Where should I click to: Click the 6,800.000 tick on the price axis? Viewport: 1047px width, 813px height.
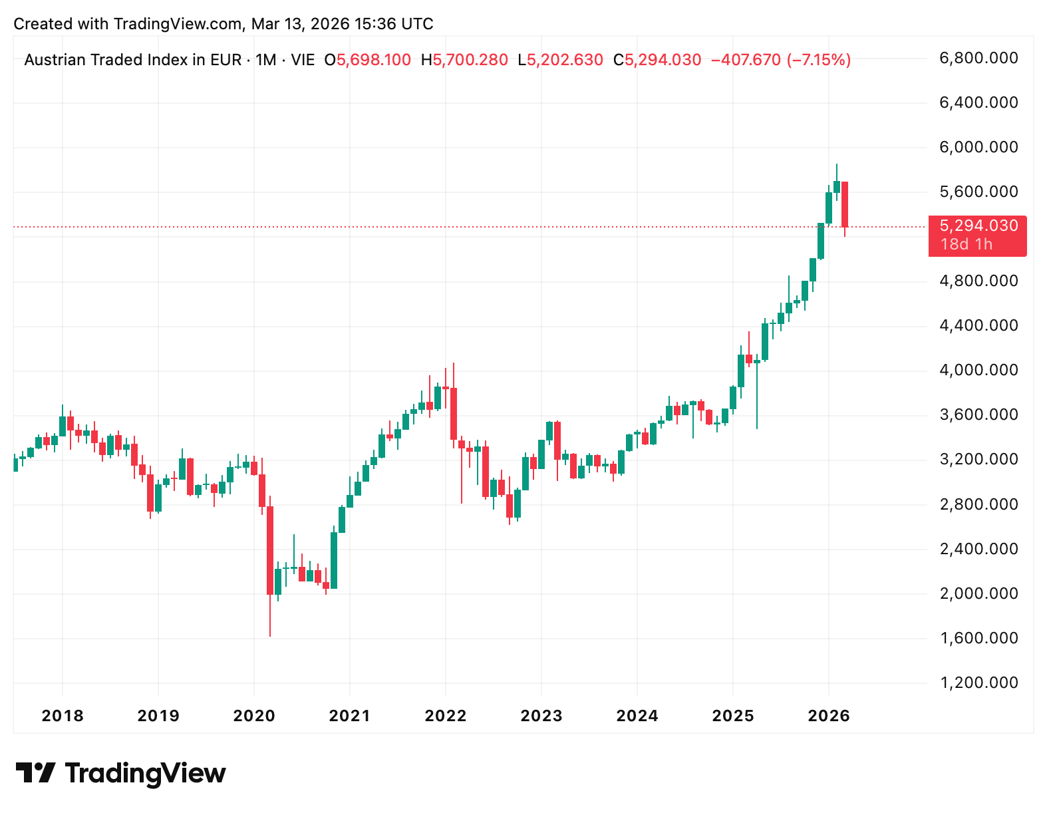click(978, 58)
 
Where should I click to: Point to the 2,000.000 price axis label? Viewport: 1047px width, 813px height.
click(978, 593)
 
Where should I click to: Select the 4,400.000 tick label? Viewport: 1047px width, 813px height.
click(978, 325)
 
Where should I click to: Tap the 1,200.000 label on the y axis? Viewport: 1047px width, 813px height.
click(978, 683)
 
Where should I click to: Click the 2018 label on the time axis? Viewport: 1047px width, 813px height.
click(63, 716)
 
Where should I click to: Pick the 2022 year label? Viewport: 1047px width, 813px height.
click(446, 716)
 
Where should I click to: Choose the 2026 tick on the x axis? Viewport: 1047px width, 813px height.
click(829, 716)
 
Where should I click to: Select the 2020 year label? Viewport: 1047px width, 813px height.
click(254, 716)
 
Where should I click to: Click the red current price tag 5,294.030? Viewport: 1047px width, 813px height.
click(978, 226)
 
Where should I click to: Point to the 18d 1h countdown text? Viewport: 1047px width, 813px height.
click(966, 244)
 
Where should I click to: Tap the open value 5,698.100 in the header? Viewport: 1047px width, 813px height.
click(373, 60)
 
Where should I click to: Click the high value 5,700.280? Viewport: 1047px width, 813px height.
click(470, 60)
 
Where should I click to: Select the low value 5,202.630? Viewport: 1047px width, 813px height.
click(565, 60)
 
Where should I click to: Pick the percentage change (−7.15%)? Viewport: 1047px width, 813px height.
click(819, 60)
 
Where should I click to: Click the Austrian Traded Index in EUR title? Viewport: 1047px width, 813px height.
click(133, 60)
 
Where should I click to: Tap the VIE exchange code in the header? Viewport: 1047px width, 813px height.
click(303, 60)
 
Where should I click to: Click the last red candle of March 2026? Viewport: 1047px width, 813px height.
click(845, 204)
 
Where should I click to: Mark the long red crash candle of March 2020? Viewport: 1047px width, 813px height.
click(270, 550)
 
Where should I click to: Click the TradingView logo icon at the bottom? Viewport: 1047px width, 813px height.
click(35, 773)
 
